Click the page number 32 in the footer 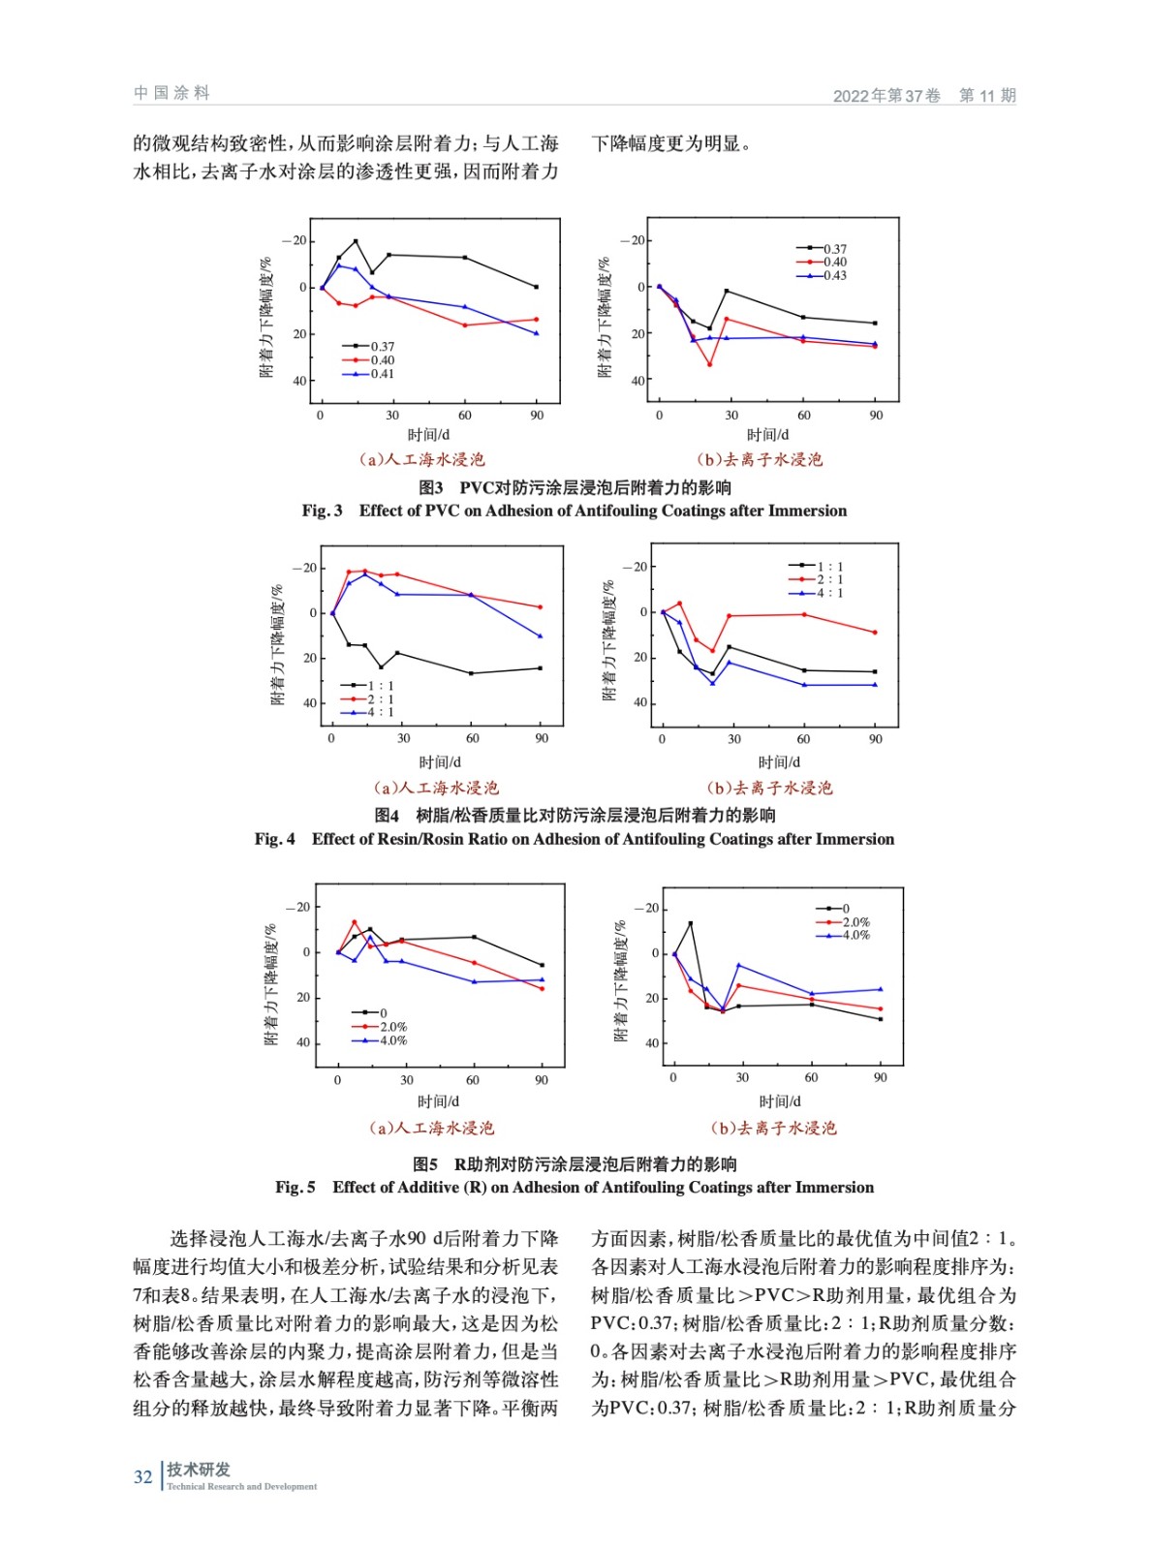142,1476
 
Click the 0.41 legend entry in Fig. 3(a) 382,374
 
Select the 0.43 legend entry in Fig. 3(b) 834,275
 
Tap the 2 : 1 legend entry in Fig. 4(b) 829,579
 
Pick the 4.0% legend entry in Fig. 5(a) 392,1040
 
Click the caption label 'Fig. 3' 322,511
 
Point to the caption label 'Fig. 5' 295,1187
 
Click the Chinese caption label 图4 387,815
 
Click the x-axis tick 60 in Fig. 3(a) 465,415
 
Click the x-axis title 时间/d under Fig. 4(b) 779,762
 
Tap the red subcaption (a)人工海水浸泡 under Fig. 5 432,1128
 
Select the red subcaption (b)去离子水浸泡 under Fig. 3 760,459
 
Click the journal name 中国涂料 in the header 171,93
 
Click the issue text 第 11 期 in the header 987,95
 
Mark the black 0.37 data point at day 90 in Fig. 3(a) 537,287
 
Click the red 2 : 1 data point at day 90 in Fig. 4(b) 875,633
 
